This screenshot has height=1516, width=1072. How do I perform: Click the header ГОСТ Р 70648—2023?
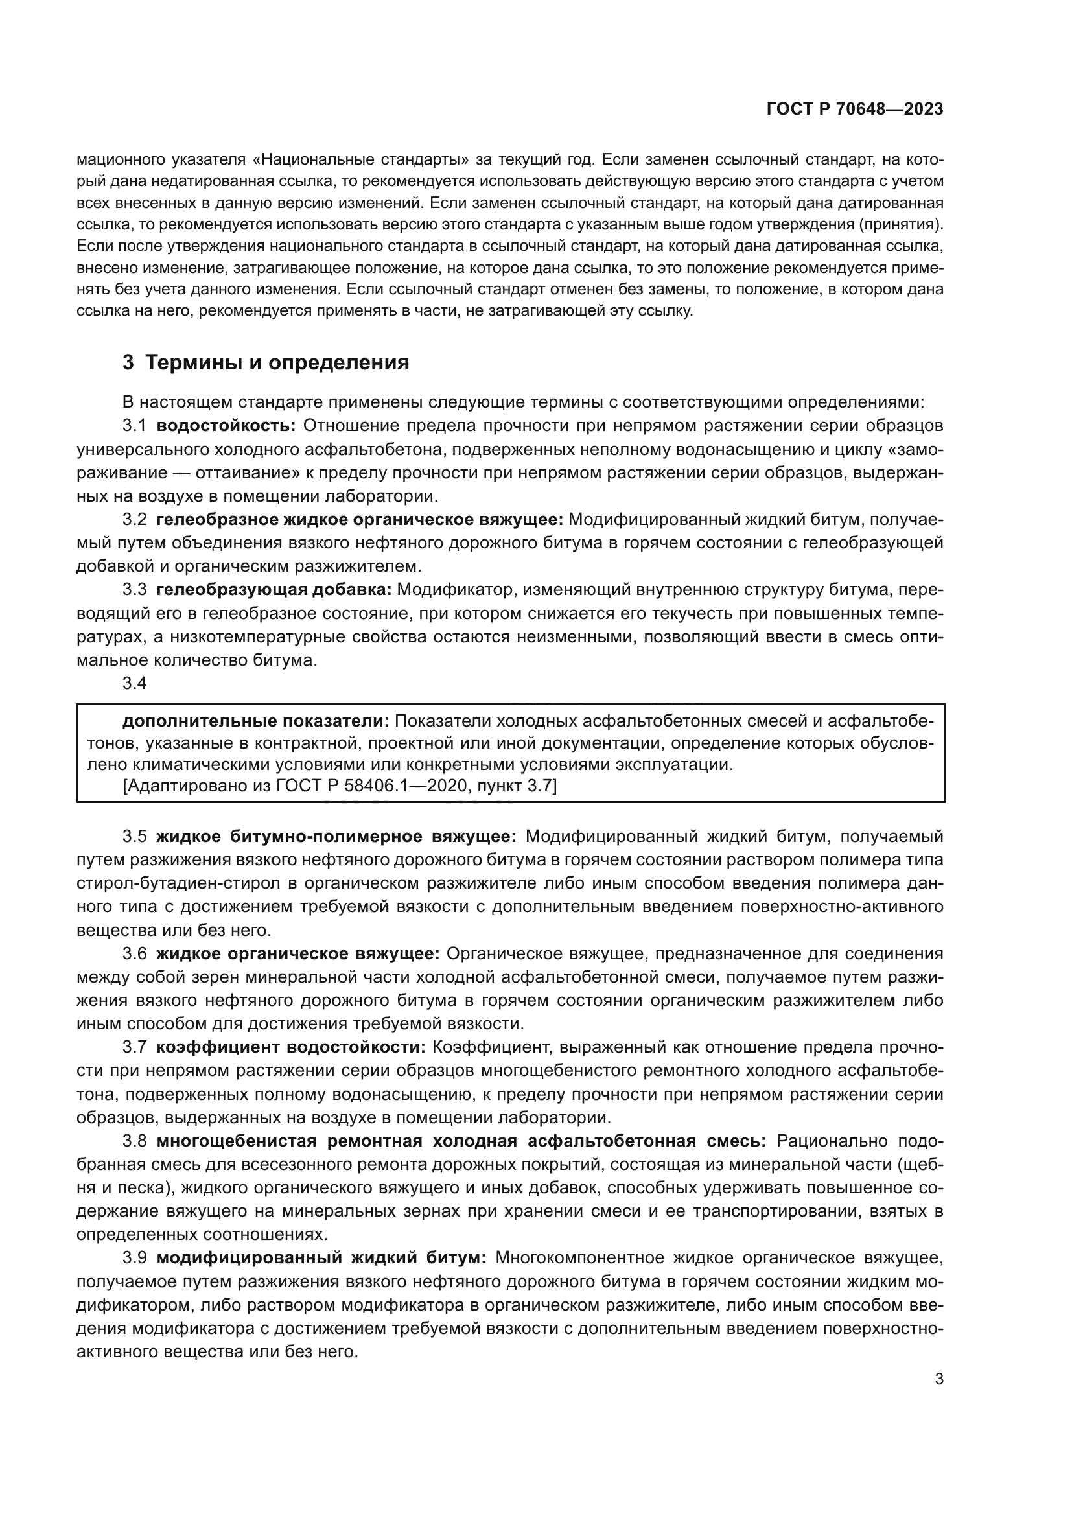[855, 109]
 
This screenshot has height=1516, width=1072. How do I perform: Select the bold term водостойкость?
[226, 426]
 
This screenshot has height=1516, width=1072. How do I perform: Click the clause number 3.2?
[134, 520]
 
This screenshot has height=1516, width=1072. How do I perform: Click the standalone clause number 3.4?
[134, 683]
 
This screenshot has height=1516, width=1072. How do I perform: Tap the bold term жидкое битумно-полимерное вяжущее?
[336, 837]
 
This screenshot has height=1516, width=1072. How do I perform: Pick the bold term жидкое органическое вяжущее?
[297, 953]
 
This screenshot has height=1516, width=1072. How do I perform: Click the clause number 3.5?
[134, 837]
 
